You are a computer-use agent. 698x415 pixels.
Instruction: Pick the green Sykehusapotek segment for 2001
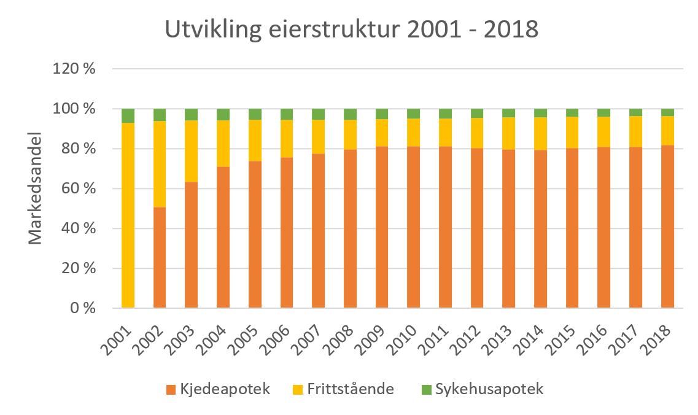point(128,115)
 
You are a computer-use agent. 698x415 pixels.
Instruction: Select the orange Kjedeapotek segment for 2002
point(160,257)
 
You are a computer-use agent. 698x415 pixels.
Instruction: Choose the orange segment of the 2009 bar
point(382,227)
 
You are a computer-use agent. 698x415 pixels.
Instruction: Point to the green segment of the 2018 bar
point(667,112)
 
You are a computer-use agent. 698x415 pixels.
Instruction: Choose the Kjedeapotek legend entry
point(218,389)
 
